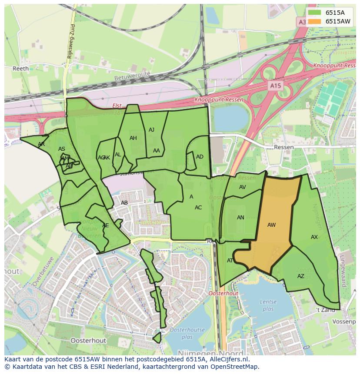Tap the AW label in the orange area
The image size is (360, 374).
(271, 225)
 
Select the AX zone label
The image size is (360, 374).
(314, 237)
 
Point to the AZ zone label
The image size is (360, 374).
(301, 276)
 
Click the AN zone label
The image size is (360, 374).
(240, 218)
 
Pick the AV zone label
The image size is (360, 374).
(243, 187)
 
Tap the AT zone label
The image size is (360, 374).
(230, 261)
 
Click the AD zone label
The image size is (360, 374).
(200, 157)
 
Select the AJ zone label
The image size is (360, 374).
(151, 130)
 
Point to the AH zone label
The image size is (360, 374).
(133, 138)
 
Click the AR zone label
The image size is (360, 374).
(41, 144)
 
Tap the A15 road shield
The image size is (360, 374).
(275, 86)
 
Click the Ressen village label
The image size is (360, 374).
(284, 147)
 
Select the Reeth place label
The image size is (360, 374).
(20, 69)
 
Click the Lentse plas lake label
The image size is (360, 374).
(268, 305)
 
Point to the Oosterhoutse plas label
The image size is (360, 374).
(187, 333)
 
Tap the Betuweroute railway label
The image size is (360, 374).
(132, 76)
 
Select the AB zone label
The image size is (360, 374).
(124, 203)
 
